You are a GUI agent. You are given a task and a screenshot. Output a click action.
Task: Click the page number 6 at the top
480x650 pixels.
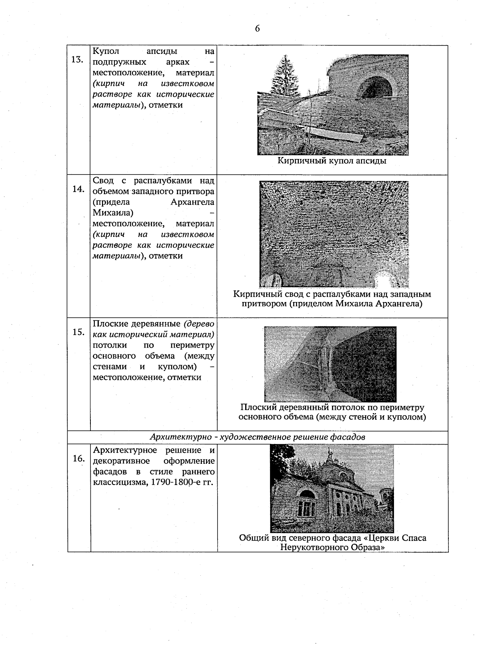257,28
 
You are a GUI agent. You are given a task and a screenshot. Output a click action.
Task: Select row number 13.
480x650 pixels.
77,60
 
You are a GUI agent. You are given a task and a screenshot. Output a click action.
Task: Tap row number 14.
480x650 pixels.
78,189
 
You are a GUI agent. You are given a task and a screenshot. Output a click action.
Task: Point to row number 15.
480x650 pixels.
78,332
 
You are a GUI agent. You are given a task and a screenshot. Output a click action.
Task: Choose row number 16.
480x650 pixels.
78,459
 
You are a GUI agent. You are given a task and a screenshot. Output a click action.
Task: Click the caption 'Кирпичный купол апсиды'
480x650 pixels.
332,161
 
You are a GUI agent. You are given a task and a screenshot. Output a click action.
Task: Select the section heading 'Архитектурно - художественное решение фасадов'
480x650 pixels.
257,437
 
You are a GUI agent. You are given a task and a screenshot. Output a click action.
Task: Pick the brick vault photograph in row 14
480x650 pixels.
334,234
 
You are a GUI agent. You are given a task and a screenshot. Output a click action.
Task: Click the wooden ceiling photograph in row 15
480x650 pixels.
330,364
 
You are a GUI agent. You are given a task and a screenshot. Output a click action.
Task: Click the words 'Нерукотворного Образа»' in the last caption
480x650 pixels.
332,547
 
